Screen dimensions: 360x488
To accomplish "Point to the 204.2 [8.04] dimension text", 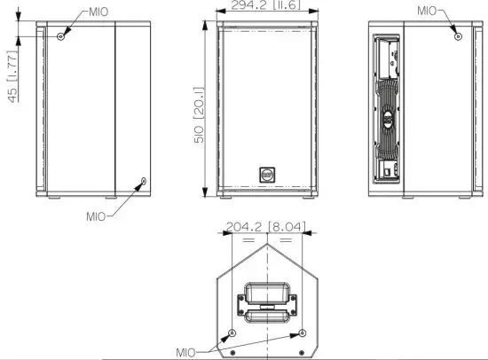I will (x=264, y=227).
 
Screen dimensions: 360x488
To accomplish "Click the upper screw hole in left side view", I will (x=60, y=36).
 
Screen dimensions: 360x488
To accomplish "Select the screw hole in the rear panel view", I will (x=457, y=36).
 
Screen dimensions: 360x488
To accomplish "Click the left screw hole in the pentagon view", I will (x=232, y=333).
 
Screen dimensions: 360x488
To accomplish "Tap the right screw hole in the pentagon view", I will (x=302, y=333).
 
